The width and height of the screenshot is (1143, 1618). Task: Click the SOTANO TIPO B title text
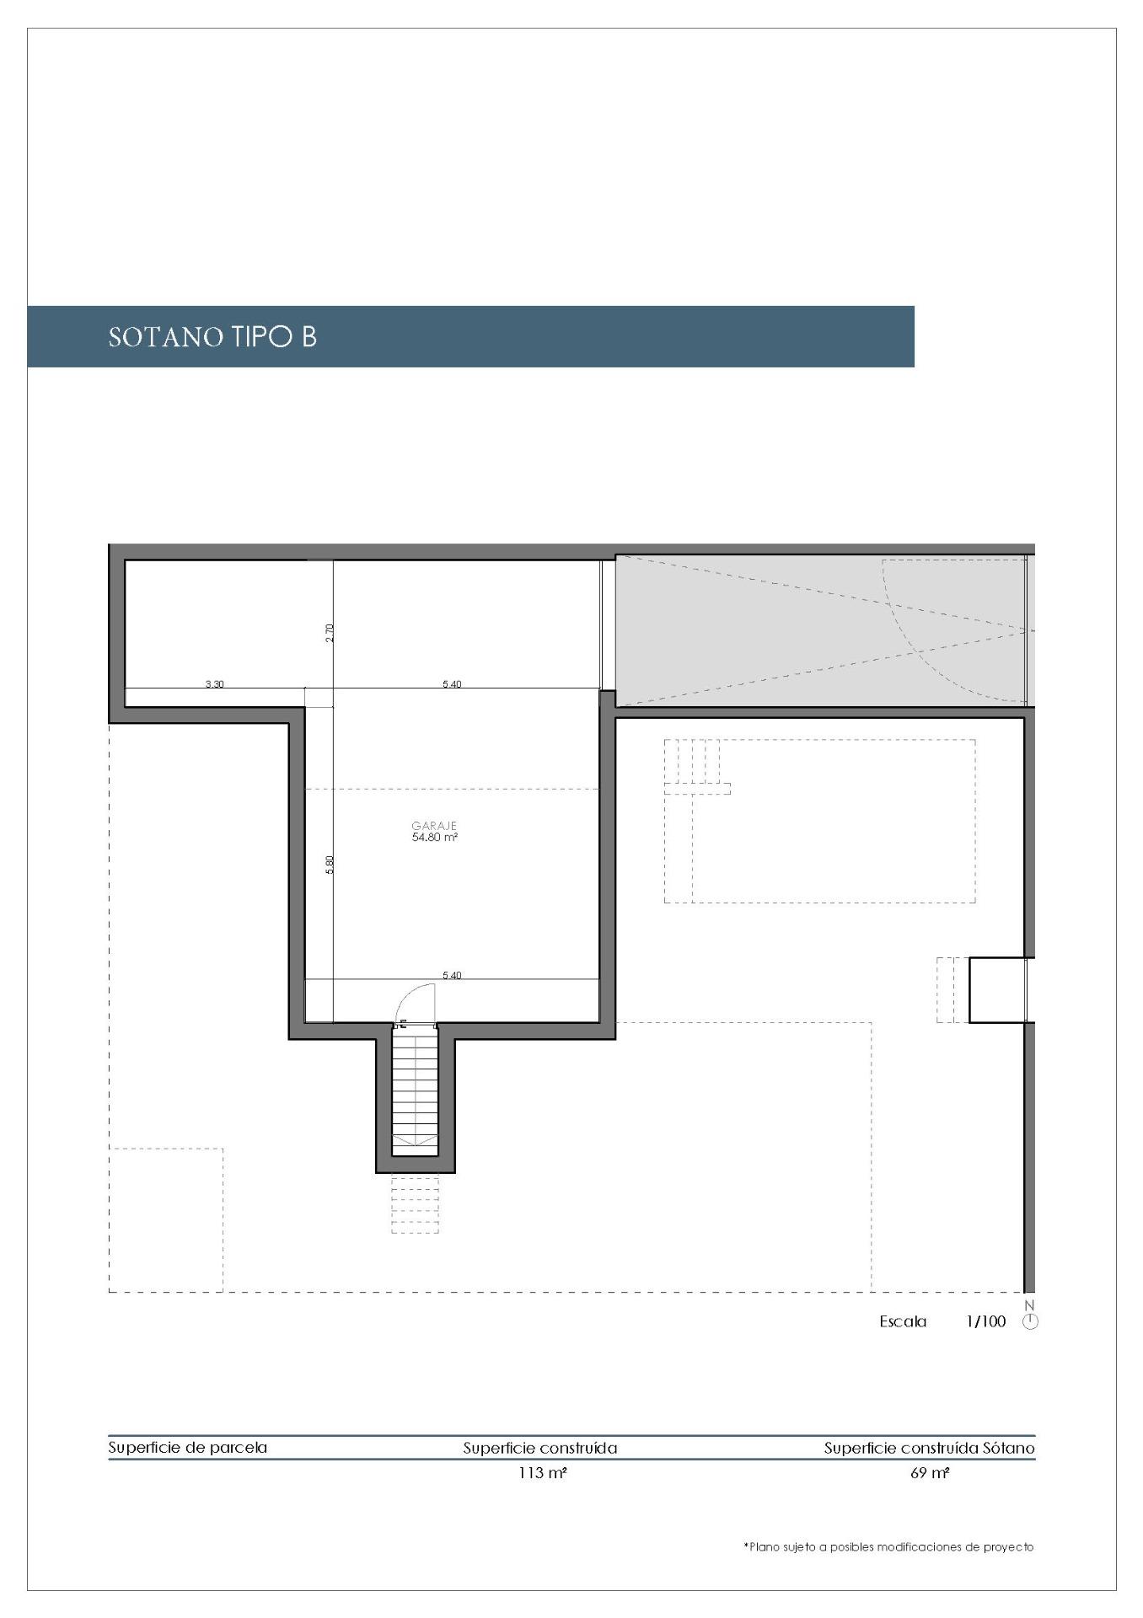pos(212,337)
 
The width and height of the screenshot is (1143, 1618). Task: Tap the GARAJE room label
pos(434,826)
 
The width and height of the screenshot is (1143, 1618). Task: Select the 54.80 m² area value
pos(434,838)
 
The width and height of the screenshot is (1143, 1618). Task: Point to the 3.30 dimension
pos(215,684)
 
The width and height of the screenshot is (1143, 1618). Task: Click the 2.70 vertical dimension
pos(330,633)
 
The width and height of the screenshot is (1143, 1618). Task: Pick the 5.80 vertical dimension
pos(330,865)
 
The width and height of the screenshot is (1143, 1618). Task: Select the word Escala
pos(903,1321)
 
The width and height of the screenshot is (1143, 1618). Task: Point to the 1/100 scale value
pos(985,1321)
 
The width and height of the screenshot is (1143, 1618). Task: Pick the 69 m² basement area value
pos(930,1474)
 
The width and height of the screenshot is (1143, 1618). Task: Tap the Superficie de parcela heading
pos(188,1448)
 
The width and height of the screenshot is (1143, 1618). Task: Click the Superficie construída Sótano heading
pos(930,1449)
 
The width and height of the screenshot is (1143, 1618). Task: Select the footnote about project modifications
pos(888,1547)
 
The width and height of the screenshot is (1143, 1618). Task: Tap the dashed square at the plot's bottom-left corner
pos(166,1219)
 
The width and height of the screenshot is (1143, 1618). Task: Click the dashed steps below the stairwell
pos(415,1204)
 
